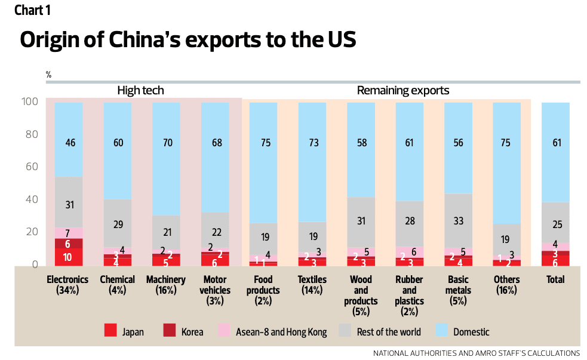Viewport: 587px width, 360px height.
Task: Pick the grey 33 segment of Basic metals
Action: pyautogui.click(x=458, y=220)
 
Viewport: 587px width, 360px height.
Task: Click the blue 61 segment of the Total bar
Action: pyautogui.click(x=555, y=152)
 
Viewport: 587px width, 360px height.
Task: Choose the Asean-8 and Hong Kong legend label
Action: pyautogui.click(x=281, y=332)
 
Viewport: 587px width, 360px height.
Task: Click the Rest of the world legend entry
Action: pyautogui.click(x=388, y=332)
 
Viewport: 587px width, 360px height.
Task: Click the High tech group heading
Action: pyautogui.click(x=140, y=91)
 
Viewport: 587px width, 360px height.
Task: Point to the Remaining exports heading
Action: pyautogui.click(x=403, y=91)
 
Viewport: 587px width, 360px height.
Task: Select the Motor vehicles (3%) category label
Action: pyautogui.click(x=215, y=290)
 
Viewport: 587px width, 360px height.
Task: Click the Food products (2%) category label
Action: pyautogui.click(x=263, y=290)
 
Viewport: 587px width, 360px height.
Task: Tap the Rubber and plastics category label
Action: pyautogui.click(x=410, y=290)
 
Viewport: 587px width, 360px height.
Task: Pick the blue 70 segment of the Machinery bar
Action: pyautogui.click(x=166, y=158)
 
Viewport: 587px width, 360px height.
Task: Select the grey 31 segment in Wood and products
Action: pyautogui.click(x=361, y=221)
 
